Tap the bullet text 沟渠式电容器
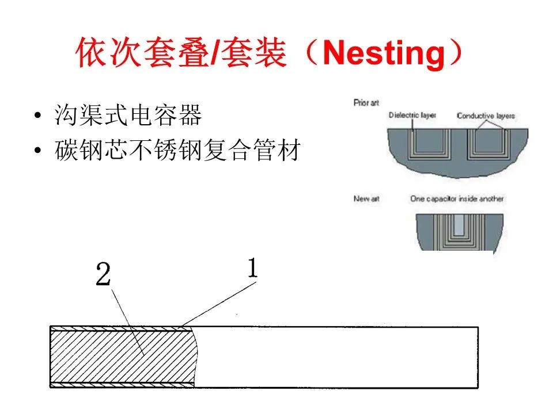click(128, 116)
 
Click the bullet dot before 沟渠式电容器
click(38, 117)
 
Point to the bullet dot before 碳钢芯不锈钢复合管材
click(38, 152)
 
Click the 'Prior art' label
click(366, 103)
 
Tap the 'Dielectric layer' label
click(412, 115)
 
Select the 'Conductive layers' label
click(486, 116)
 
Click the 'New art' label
click(366, 198)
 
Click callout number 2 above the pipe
click(103, 276)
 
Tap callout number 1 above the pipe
click(252, 269)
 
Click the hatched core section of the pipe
click(121, 356)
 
